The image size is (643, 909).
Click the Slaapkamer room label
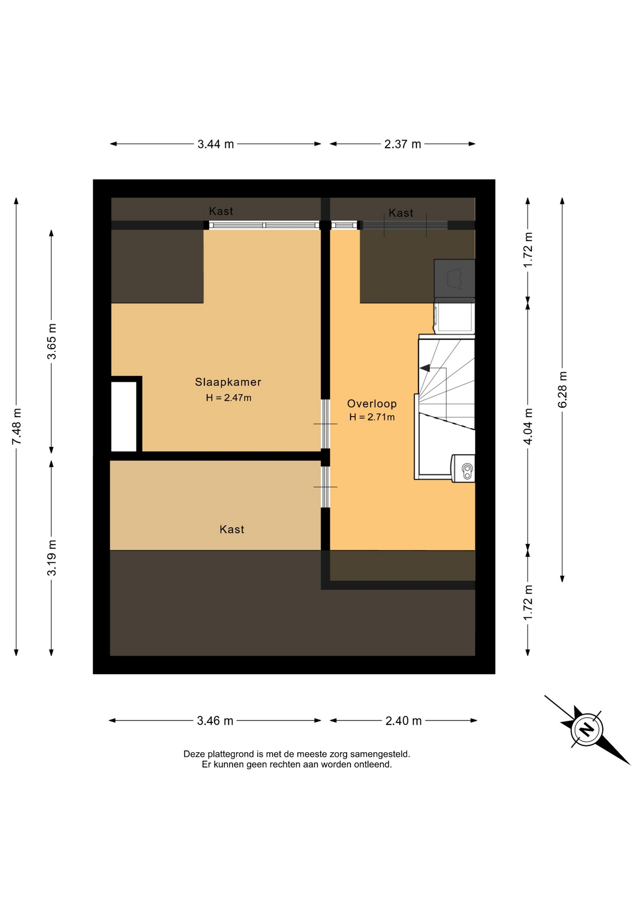point(228,382)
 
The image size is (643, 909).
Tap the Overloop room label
point(372,403)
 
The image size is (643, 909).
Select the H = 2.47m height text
point(228,398)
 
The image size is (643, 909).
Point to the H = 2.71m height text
point(372,417)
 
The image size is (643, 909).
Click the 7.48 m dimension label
point(17,426)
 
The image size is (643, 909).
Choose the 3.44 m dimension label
point(215,144)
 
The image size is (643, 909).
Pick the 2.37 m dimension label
point(402,144)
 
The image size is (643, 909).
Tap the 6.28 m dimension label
point(563,390)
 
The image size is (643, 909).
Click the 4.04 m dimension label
point(528,426)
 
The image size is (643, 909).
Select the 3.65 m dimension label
point(52,341)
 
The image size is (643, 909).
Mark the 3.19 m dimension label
point(52,558)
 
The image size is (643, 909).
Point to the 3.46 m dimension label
point(215,721)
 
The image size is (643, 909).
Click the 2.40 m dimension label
point(403,721)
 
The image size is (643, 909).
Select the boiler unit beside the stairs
point(463,468)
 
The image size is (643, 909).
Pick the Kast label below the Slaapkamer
point(232,529)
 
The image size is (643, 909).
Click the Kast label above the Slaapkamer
point(221,211)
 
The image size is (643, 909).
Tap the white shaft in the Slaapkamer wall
point(124,416)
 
